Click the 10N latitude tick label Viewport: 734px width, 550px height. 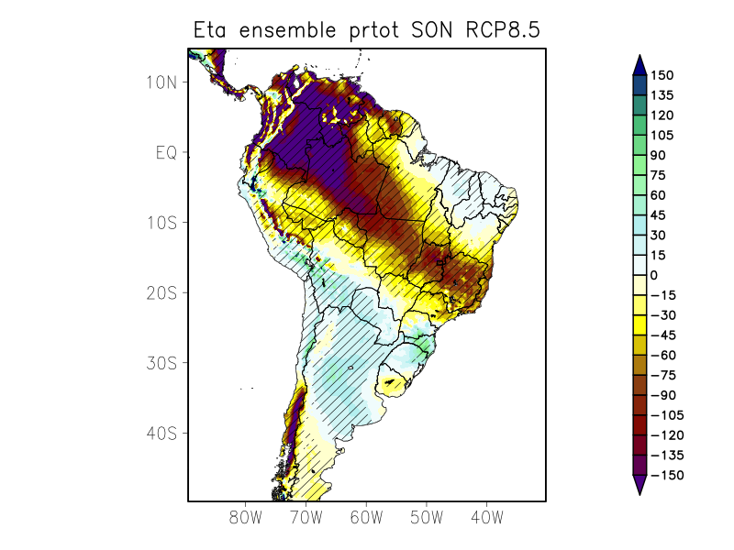(x=161, y=82)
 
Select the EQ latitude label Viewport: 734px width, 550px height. (x=164, y=152)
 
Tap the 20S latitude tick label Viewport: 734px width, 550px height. (x=161, y=292)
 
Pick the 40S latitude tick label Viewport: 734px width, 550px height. (x=161, y=433)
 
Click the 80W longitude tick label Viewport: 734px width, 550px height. (x=246, y=517)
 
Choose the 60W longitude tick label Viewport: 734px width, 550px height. (x=366, y=517)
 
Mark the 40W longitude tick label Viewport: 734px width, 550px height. (x=486, y=517)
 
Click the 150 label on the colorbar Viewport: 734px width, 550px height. (x=662, y=75)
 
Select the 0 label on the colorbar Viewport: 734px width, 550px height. (x=654, y=275)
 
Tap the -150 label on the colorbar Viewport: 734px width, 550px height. (x=665, y=475)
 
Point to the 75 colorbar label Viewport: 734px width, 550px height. (x=659, y=175)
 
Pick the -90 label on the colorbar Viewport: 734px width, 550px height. (x=662, y=395)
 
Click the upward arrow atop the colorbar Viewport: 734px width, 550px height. (x=639, y=63)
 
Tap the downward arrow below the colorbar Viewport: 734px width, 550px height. (x=639, y=485)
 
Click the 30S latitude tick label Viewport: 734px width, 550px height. (x=161, y=363)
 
